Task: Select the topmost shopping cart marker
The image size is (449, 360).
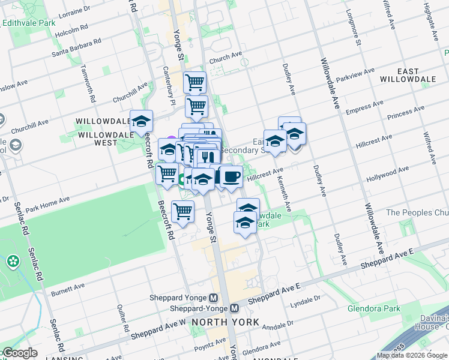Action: [x=194, y=82]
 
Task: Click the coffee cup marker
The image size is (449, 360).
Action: [x=231, y=176]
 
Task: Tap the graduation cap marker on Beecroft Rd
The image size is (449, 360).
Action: [x=142, y=121]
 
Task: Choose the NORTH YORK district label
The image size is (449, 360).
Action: [x=226, y=322]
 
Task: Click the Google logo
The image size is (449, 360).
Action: [x=19, y=353]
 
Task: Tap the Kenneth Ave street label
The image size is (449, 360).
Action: [x=287, y=193]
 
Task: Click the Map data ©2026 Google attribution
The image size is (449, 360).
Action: [x=411, y=355]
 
